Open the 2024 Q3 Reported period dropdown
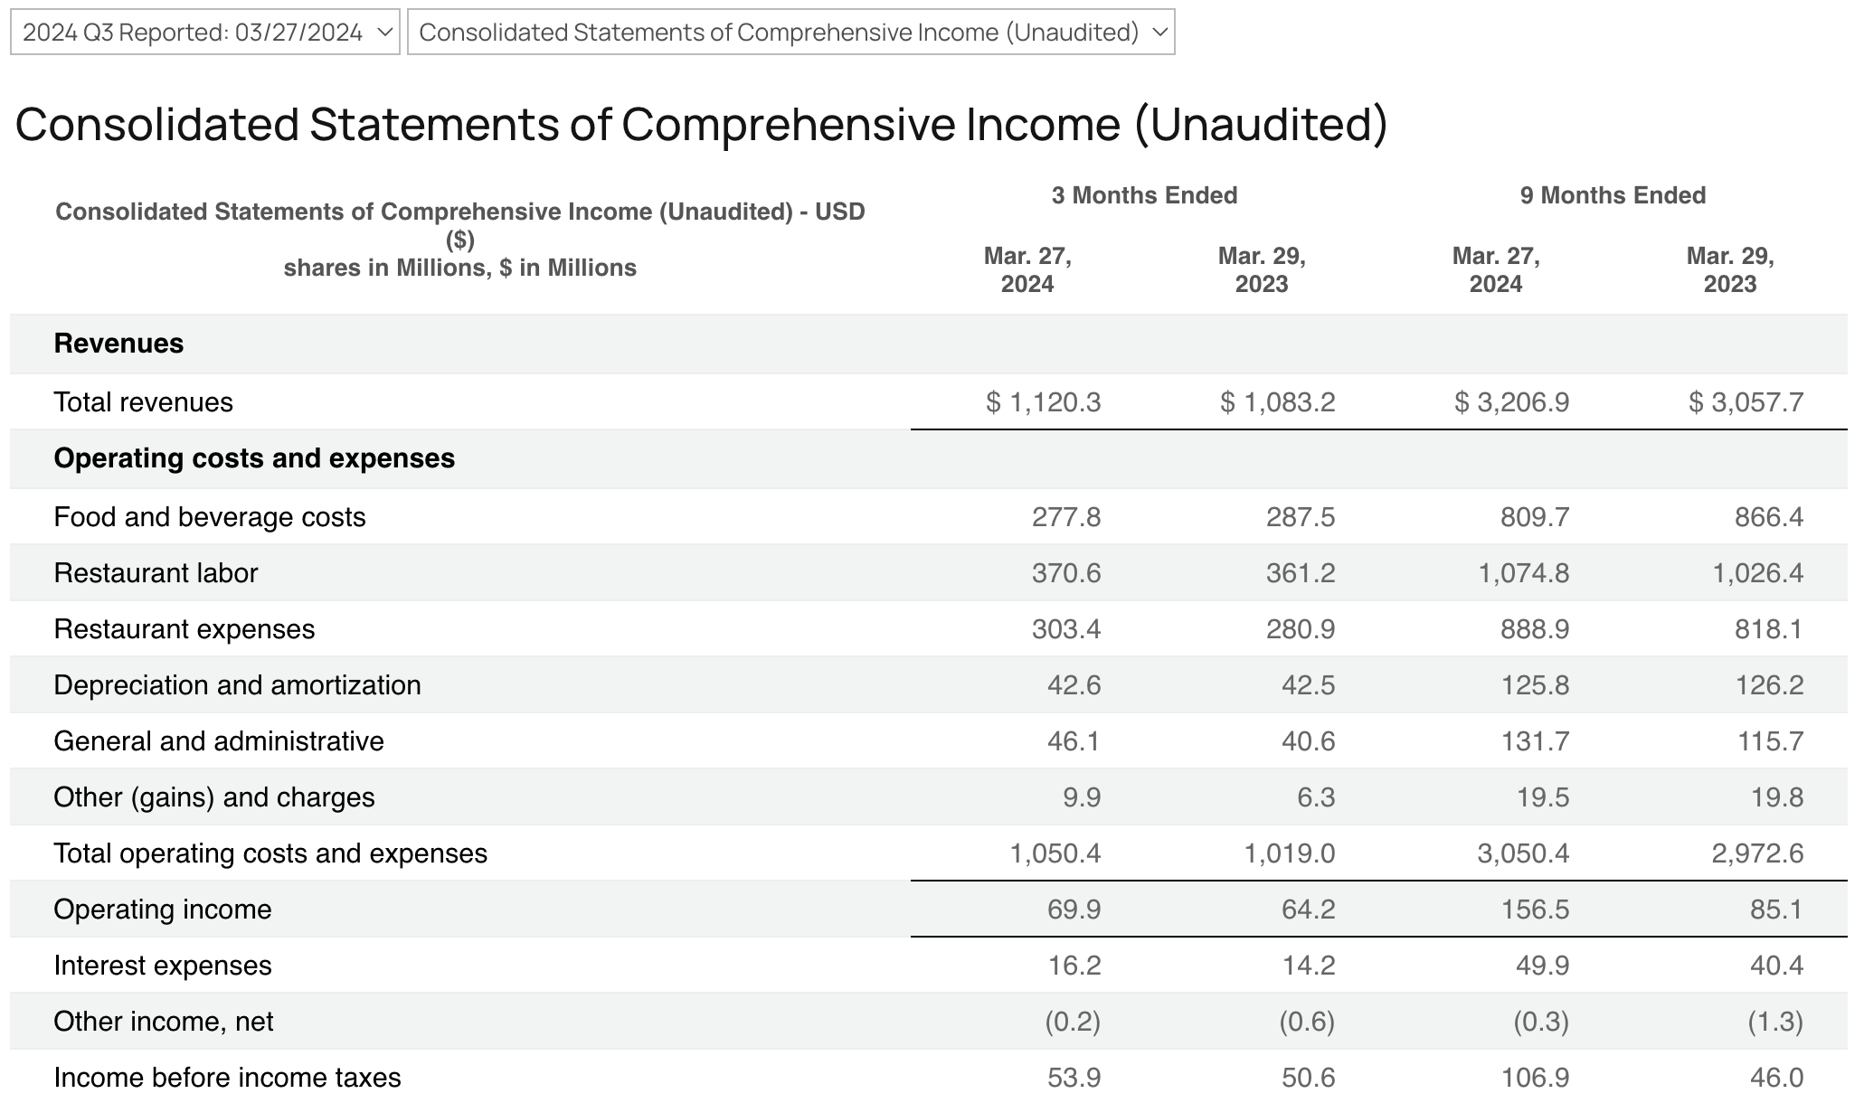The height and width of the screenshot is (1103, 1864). (x=205, y=33)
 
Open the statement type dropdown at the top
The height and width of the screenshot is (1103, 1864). (x=790, y=33)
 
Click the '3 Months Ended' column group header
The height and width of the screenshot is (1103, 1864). (x=1144, y=195)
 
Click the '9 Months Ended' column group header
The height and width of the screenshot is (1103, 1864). (x=1613, y=195)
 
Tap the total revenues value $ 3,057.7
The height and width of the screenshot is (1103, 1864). (x=1746, y=402)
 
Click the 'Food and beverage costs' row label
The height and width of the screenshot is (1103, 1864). (x=210, y=517)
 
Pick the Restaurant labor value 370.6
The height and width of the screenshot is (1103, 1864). (x=1066, y=573)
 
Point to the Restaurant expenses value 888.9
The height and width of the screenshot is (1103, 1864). (x=1535, y=629)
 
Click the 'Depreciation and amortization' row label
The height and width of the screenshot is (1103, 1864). (x=237, y=685)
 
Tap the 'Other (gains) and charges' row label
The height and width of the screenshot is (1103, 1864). (x=214, y=797)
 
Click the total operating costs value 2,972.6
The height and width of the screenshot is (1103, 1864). (x=1757, y=853)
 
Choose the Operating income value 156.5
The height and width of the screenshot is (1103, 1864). (x=1535, y=910)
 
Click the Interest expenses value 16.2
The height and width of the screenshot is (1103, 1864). (x=1074, y=966)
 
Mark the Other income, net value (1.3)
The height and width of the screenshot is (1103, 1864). (x=1775, y=1022)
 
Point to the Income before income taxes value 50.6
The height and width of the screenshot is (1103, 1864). (x=1309, y=1078)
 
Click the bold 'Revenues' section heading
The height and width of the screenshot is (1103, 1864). (x=118, y=344)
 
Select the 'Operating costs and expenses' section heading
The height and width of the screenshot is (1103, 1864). (x=254, y=458)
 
